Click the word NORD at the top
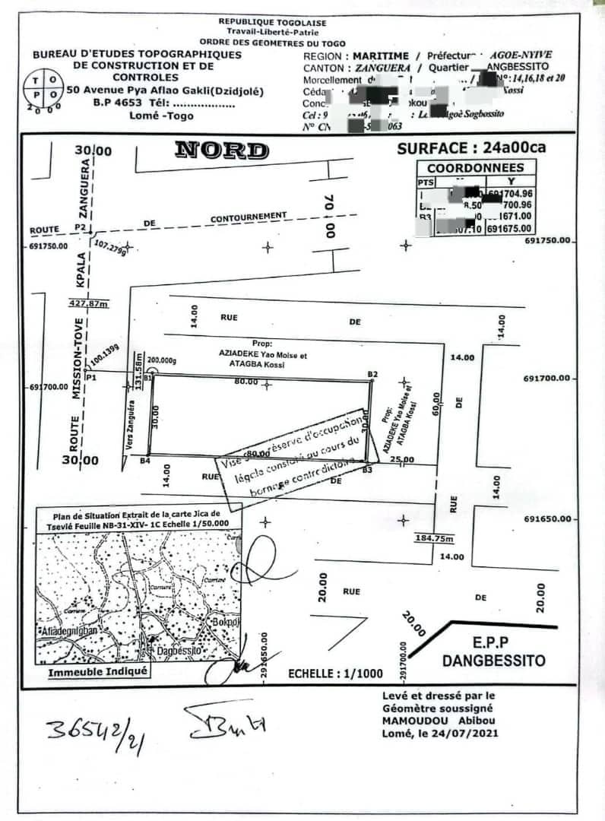pyautogui.click(x=221, y=151)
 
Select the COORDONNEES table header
pyautogui.click(x=475, y=168)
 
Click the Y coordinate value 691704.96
pyautogui.click(x=509, y=193)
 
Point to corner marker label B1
pyautogui.click(x=147, y=376)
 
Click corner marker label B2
pyautogui.click(x=372, y=374)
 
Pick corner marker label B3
pyautogui.click(x=367, y=471)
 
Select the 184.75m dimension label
pyautogui.click(x=434, y=539)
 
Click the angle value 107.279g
pyautogui.click(x=109, y=247)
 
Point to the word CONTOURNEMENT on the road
pyautogui.click(x=249, y=217)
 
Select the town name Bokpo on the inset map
pyautogui.click(x=225, y=622)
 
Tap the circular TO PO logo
pyautogui.click(x=42, y=90)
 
